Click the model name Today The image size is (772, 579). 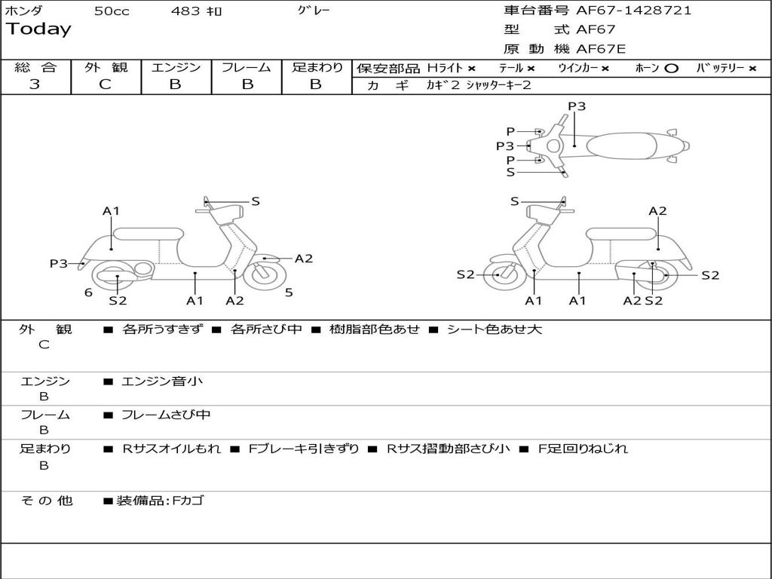pos(38,29)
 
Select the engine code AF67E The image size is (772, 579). pos(601,50)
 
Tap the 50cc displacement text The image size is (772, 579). pos(112,11)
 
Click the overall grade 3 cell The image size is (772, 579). pos(35,84)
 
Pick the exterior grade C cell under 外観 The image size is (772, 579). pos(105,84)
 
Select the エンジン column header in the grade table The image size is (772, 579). pos(176,68)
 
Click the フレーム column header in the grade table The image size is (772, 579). pos(246,68)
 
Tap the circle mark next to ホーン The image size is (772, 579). pos(672,69)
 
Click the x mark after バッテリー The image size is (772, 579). pos(752,69)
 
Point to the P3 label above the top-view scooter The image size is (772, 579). pos(577,106)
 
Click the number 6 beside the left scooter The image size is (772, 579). pos(88,293)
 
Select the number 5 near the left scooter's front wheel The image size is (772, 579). pos(289,293)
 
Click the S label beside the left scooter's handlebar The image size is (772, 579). pos(256,201)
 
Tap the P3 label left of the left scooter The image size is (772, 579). pos(59,264)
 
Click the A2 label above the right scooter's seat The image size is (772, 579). pos(657,211)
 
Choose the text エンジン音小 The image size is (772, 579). pos(162,381)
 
